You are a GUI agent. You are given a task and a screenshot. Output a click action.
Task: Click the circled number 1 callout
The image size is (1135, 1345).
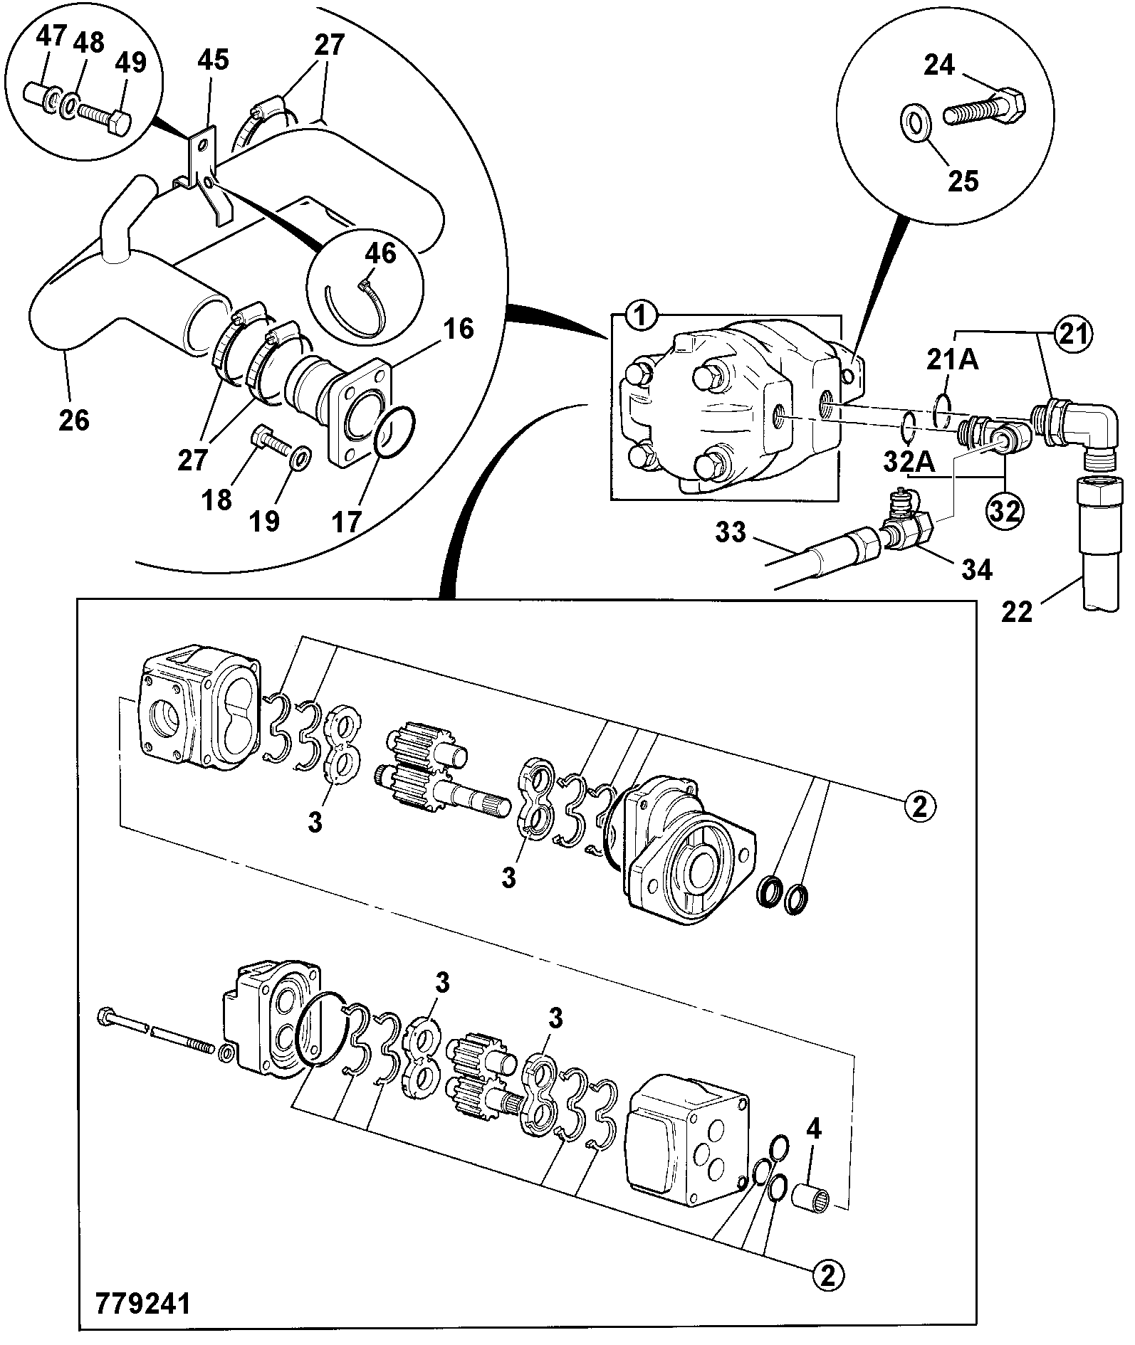click(x=641, y=316)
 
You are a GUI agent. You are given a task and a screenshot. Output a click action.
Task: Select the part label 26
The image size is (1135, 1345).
click(x=75, y=420)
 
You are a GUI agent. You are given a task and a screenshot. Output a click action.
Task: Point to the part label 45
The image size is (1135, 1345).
click(x=213, y=60)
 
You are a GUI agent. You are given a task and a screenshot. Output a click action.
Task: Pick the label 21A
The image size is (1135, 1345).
click(x=953, y=360)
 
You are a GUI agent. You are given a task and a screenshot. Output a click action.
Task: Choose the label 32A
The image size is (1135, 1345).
click(x=909, y=462)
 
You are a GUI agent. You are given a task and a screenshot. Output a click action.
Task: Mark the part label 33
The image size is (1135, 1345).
click(x=730, y=531)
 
